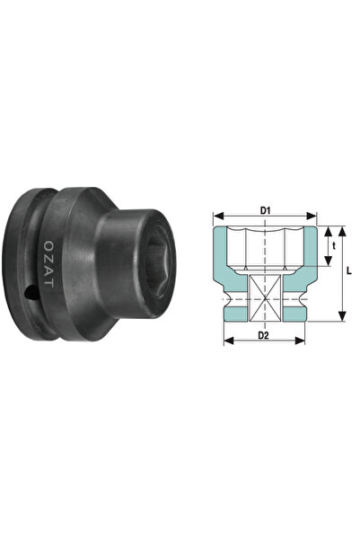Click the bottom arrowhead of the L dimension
tap(340, 316)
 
